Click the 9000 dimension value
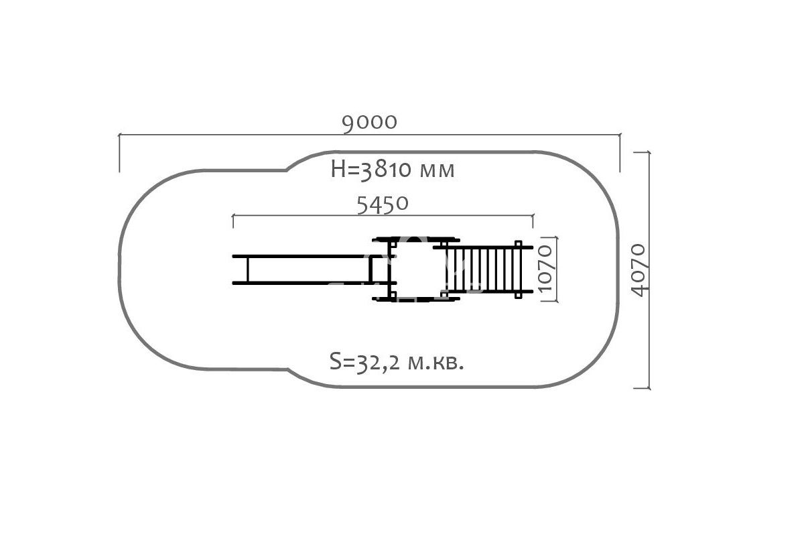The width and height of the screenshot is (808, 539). point(369,123)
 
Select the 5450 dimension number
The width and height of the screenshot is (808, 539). point(383,204)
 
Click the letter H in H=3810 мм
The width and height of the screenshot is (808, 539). point(338,170)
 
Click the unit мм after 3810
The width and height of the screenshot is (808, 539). point(437,171)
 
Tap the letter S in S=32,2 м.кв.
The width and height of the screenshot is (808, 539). point(335,361)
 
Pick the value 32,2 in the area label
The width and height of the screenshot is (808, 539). point(378,363)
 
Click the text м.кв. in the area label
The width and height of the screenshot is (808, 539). point(435,363)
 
